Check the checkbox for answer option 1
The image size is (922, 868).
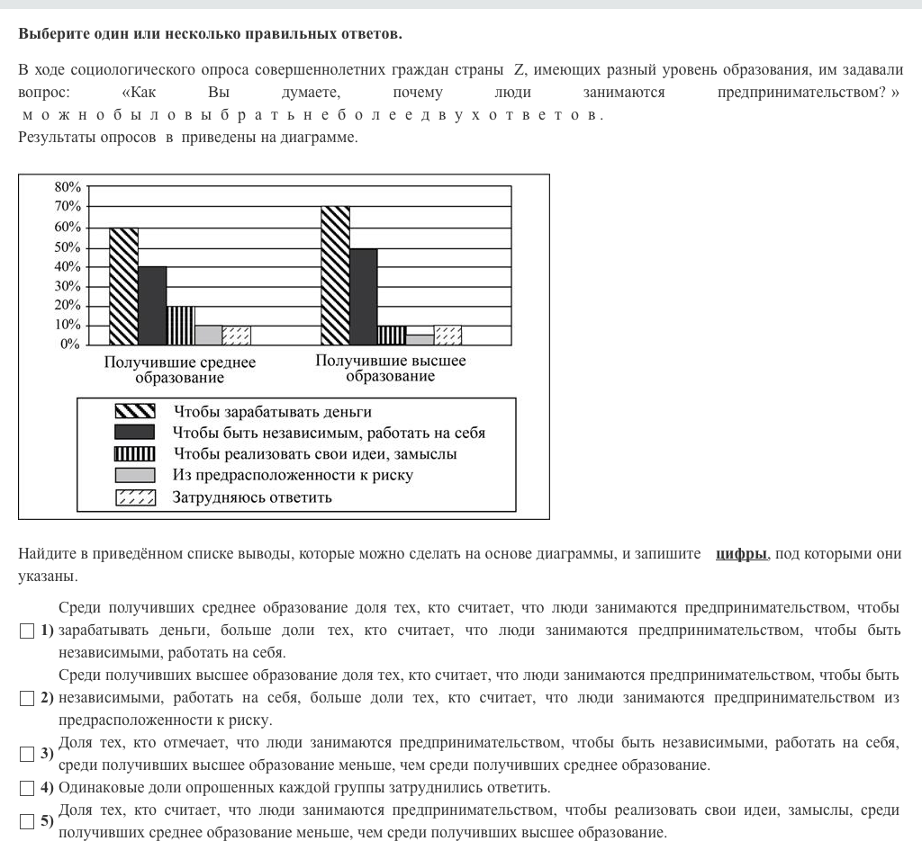point(26,631)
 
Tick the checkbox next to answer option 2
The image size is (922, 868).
point(26,698)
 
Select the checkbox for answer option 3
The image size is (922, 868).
point(26,754)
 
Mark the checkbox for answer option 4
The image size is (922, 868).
point(26,789)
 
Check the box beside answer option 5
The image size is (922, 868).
point(26,821)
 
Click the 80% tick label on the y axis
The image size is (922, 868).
point(68,187)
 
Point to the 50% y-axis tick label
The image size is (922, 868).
point(68,247)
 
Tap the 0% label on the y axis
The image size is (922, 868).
point(70,345)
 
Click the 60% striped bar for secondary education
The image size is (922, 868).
point(123,286)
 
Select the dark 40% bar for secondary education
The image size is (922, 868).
point(152,306)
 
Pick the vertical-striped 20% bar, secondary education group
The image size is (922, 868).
point(180,325)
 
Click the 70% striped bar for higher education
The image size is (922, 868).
point(335,275)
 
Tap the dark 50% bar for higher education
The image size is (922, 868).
point(363,296)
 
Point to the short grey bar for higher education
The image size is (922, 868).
point(420,339)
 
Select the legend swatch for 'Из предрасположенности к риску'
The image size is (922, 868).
point(135,475)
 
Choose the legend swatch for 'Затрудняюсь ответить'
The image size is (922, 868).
point(135,497)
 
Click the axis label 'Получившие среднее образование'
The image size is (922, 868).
point(180,370)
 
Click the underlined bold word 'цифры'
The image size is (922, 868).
point(741,553)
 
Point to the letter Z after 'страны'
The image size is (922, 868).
point(520,70)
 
